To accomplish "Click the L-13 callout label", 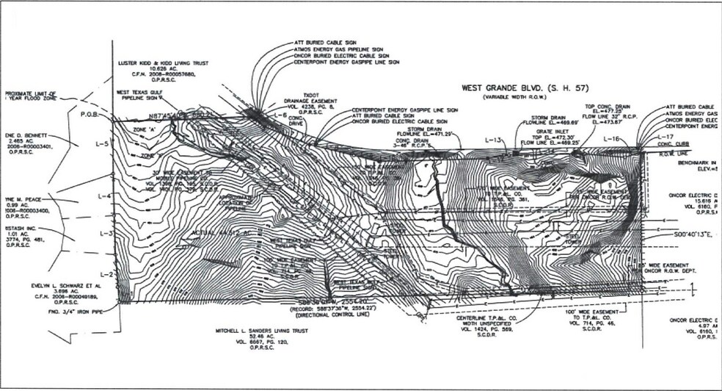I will tap(497, 140).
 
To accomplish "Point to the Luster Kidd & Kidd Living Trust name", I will tap(159, 63).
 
